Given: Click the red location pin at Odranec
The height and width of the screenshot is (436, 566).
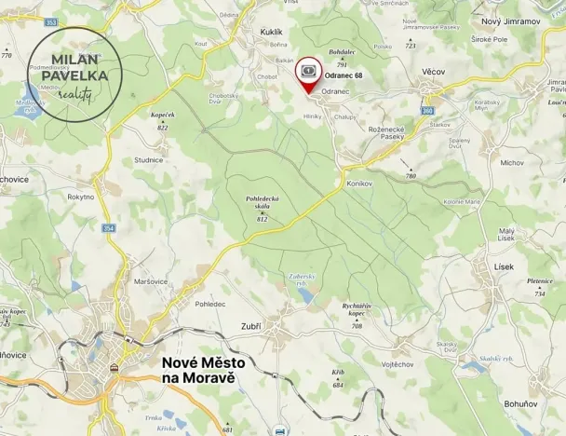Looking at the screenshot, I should coord(308,75).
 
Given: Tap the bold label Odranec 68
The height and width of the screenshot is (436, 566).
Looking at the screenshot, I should coord(344,74).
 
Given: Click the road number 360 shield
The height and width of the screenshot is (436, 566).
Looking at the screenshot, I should coord(427,110).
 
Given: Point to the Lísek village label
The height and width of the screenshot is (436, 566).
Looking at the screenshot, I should coord(504,266).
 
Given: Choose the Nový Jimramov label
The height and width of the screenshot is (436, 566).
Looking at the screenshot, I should coord(510,20).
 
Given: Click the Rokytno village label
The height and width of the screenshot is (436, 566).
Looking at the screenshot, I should coord(81,197).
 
